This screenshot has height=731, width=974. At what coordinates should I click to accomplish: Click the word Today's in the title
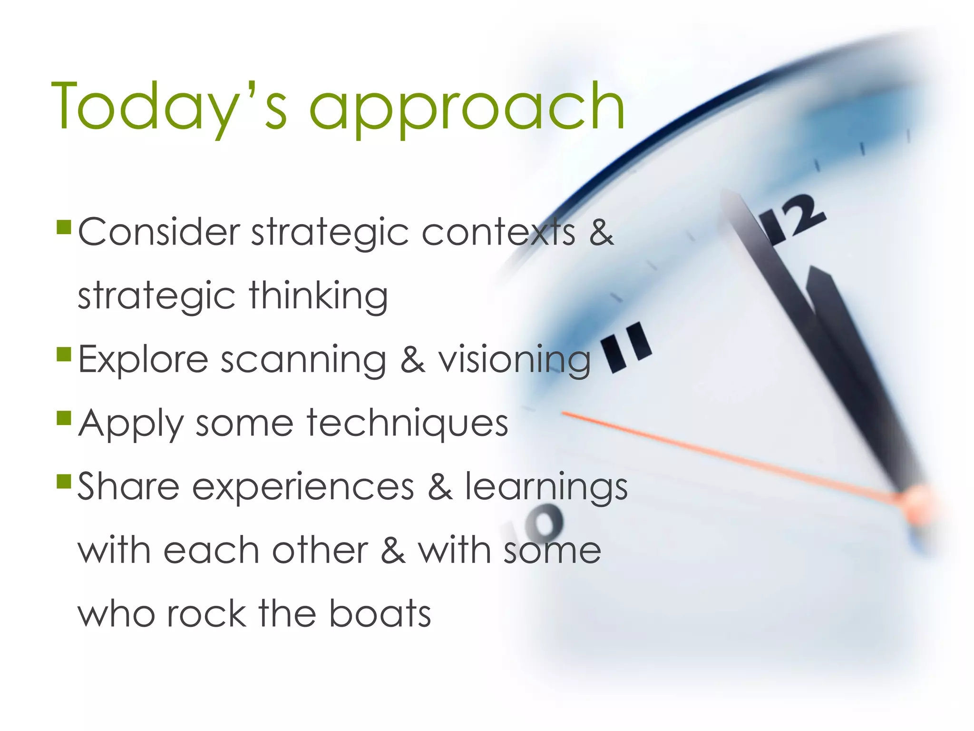click(169, 106)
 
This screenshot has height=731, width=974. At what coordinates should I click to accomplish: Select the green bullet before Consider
click(64, 227)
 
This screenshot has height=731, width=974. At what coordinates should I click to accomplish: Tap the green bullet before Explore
click(64, 354)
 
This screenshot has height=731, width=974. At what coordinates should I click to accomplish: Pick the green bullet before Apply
click(64, 418)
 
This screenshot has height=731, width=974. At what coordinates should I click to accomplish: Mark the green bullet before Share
click(64, 481)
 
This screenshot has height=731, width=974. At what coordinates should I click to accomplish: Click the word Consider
click(159, 232)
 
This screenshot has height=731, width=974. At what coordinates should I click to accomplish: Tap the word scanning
click(303, 360)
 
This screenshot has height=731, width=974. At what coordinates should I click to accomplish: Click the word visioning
click(514, 360)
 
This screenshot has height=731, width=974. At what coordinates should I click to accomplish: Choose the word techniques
click(408, 424)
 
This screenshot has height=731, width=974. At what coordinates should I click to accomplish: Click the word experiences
click(303, 487)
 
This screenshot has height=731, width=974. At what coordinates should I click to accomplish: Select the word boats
click(380, 613)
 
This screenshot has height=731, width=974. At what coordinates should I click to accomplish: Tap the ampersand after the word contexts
click(601, 232)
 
